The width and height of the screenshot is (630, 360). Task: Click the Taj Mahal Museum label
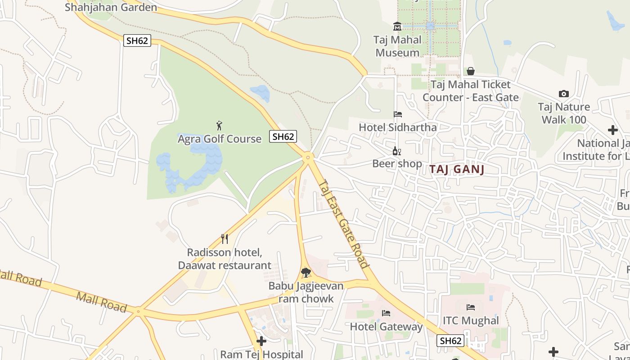point(398,46)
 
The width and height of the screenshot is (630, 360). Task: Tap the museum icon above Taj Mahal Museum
point(397,26)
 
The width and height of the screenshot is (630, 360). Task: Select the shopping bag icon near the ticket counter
point(470,71)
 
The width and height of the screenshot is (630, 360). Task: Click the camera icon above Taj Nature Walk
point(563,94)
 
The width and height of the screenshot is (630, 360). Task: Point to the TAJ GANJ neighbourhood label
point(456,169)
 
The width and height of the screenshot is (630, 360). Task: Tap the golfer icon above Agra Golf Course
point(219,126)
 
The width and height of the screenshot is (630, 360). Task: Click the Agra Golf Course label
point(220,139)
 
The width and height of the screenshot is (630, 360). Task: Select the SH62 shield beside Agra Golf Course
point(283,136)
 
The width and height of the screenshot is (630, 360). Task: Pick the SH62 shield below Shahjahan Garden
point(137,40)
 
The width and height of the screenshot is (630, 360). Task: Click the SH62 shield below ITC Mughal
point(450,341)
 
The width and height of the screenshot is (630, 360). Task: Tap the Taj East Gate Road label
point(343,224)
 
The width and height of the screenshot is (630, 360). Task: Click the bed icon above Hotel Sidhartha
point(397,114)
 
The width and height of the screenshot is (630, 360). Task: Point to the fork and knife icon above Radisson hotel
point(225,239)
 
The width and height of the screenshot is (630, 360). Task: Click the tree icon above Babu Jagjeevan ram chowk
point(306,272)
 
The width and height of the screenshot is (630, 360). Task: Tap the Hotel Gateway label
point(386,326)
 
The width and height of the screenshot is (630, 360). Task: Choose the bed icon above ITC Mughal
point(471,307)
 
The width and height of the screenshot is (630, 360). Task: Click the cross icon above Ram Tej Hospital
point(261,341)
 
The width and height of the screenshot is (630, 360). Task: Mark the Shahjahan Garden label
point(111,7)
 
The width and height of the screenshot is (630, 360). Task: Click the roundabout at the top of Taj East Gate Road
point(308,157)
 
